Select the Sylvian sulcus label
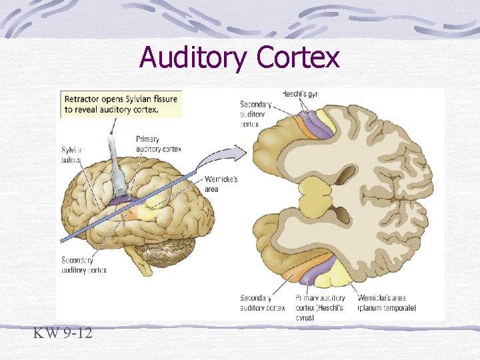(71, 155)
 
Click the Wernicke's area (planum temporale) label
(387, 303)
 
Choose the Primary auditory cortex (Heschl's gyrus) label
(320, 307)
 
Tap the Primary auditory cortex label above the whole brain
(158, 144)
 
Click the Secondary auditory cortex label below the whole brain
(83, 265)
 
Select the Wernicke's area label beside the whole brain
(221, 184)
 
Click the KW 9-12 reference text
(63, 332)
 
